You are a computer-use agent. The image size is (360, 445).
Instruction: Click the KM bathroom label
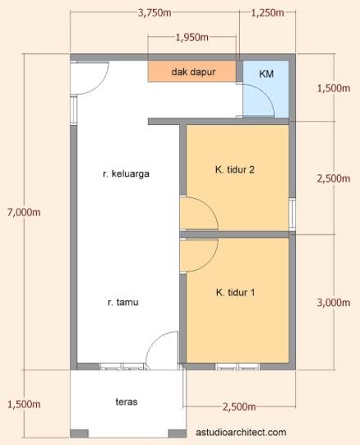tap(266, 74)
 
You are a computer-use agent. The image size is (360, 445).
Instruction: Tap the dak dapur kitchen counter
tap(192, 72)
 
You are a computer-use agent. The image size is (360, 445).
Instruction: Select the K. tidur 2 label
tap(235, 169)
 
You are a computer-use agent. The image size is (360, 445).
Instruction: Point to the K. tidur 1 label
tap(235, 292)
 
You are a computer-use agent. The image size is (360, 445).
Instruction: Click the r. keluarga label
tap(126, 173)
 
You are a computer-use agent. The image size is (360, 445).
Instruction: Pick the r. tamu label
tap(123, 302)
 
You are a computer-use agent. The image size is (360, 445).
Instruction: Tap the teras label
tap(126, 402)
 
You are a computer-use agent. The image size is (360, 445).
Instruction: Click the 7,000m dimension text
tap(24, 213)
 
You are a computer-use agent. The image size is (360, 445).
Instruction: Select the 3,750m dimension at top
tap(155, 13)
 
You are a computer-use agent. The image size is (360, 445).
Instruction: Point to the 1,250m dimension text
tap(268, 13)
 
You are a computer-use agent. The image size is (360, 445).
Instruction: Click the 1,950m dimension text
tap(192, 37)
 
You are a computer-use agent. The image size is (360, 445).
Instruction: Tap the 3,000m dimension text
tap(333, 303)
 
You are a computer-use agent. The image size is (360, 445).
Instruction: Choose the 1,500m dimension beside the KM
tap(333, 88)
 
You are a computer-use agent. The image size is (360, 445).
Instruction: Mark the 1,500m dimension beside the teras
tap(24, 404)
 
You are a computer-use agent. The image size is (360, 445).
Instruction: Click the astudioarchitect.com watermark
tap(241, 432)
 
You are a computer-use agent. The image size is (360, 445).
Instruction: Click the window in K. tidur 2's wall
tap(292, 214)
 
